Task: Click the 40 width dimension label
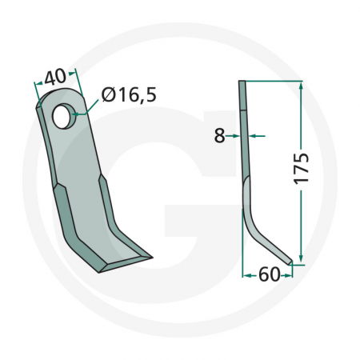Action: click(x=54, y=78)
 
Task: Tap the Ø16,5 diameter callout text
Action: click(x=129, y=97)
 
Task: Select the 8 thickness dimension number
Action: click(x=219, y=136)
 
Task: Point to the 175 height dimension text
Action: click(x=302, y=166)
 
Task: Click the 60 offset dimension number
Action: click(x=270, y=276)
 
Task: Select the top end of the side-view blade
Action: click(x=242, y=84)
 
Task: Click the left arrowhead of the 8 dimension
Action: click(x=237, y=136)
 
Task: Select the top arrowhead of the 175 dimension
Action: click(x=300, y=84)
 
